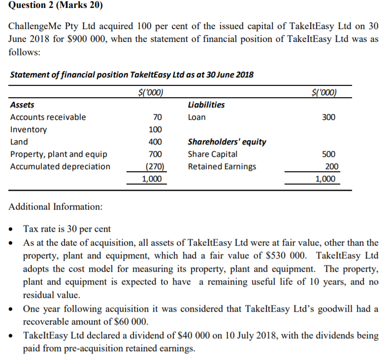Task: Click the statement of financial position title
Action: coord(132,75)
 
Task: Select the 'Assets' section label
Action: coord(22,105)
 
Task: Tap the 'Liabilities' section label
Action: coord(206,105)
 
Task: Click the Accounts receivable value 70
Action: coord(157,117)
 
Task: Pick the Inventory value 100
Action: coord(155,130)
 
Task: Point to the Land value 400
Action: coord(155,142)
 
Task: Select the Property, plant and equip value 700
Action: coord(155,154)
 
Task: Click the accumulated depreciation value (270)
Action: coord(155,167)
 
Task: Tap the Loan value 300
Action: coord(328,117)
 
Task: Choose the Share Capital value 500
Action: coord(328,154)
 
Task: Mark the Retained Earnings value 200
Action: coord(328,167)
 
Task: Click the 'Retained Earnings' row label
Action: coord(222,167)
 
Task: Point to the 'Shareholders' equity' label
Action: coord(227,142)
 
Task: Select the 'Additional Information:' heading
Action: coord(56,207)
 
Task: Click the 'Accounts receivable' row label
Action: coord(48,117)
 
